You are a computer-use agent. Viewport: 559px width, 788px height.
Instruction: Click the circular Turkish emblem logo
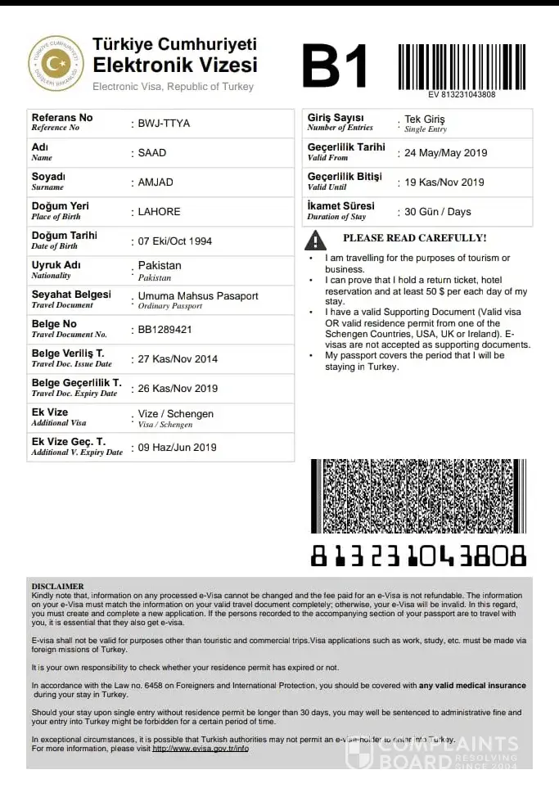click(56, 63)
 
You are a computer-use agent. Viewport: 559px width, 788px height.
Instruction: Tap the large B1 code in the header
click(335, 65)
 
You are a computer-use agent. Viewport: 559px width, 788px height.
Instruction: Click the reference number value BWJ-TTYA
click(164, 124)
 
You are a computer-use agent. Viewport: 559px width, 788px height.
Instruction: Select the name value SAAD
click(152, 153)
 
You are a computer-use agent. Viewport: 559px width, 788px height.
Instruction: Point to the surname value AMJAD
click(156, 182)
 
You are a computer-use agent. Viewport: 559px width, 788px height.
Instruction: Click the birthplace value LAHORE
click(159, 212)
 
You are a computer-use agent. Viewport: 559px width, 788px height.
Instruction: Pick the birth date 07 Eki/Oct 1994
click(174, 241)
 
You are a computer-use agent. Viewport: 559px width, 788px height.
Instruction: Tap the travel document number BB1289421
click(165, 330)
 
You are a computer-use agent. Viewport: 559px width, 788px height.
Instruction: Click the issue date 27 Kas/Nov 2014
click(178, 359)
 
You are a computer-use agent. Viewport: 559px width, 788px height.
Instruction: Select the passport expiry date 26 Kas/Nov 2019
click(178, 389)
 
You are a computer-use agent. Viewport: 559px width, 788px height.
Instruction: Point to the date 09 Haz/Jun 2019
click(177, 448)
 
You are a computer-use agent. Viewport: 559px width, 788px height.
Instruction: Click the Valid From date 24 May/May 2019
click(445, 153)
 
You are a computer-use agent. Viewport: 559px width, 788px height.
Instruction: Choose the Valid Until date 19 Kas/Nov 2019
click(444, 182)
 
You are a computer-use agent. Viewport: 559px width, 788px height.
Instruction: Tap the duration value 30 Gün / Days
click(438, 212)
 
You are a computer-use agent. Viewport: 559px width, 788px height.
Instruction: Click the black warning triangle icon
click(315, 240)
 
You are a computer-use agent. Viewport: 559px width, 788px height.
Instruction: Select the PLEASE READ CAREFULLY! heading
click(414, 238)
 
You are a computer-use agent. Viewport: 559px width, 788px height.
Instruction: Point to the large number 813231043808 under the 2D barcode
click(418, 556)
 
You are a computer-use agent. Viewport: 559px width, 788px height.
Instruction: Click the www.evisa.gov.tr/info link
click(201, 749)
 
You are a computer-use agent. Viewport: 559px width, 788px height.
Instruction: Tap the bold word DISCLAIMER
click(57, 587)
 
